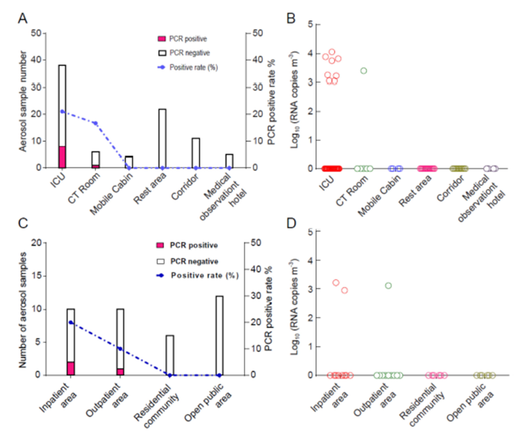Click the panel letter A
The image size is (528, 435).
click(x=22, y=18)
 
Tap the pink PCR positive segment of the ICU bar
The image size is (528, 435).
click(x=62, y=157)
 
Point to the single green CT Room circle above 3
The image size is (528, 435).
click(x=364, y=71)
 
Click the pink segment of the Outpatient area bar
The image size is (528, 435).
click(x=120, y=371)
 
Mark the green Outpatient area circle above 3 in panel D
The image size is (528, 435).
click(x=388, y=285)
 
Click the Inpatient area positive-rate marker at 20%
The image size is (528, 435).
click(x=71, y=323)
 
